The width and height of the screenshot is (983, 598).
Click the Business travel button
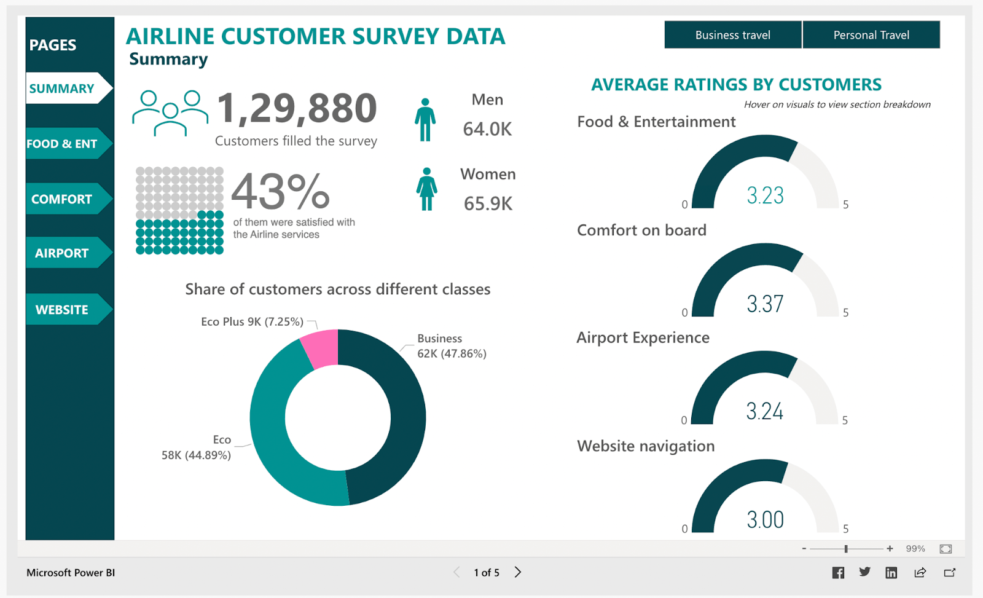tap(732, 35)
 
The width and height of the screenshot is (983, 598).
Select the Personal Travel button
tap(871, 35)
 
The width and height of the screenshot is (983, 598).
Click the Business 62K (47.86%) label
tap(451, 346)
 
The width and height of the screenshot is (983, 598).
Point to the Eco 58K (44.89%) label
tap(197, 447)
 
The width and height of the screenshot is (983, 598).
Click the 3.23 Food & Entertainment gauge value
tap(765, 195)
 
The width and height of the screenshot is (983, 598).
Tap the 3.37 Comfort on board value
tap(765, 304)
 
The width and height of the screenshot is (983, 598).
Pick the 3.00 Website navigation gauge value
tap(765, 520)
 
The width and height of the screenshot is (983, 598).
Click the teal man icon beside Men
tap(425, 120)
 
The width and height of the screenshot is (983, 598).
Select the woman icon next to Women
tap(426, 189)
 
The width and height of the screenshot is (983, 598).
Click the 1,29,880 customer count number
tap(297, 108)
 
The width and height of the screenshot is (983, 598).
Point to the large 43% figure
tap(280, 191)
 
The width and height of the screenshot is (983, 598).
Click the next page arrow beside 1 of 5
tap(518, 572)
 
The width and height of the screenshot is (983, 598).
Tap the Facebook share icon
tap(838, 573)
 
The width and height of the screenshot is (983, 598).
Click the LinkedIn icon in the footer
tap(891, 573)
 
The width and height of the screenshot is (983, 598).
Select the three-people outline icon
tap(170, 112)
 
